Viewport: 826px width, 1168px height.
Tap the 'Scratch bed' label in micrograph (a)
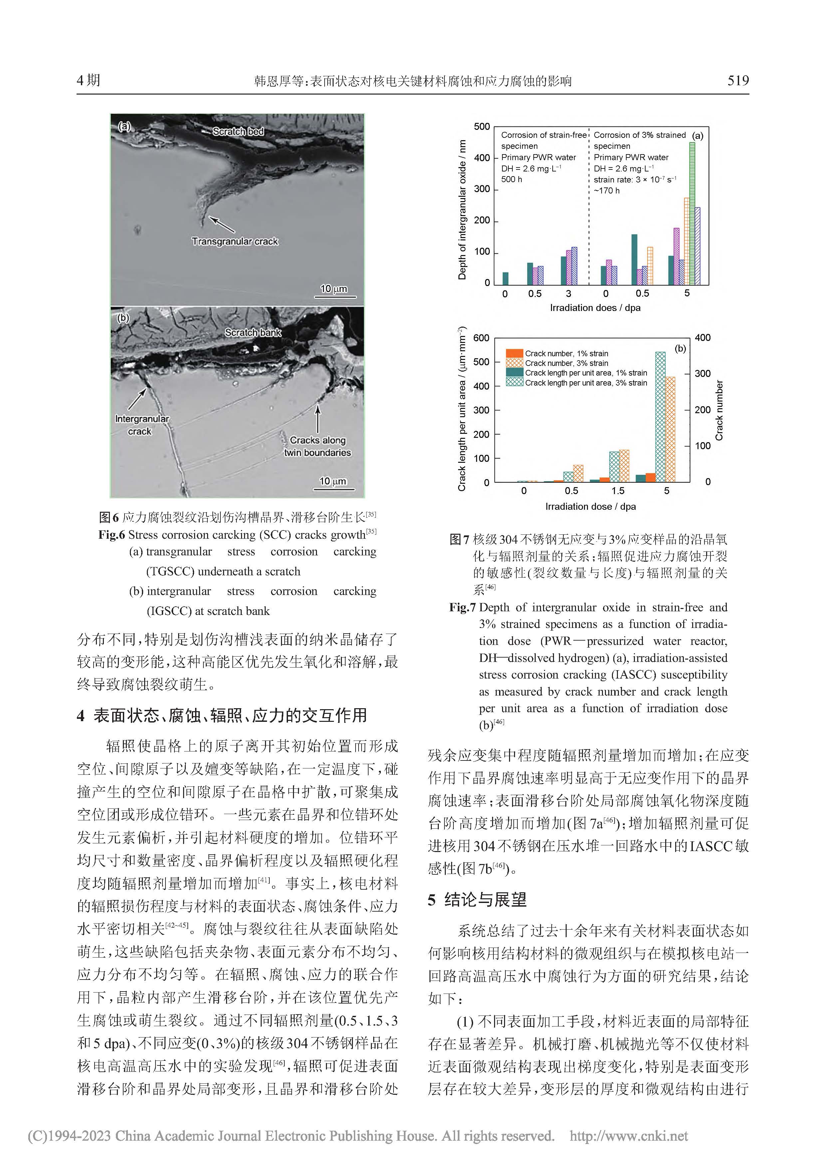point(238,131)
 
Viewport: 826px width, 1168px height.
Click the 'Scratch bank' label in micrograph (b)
point(253,332)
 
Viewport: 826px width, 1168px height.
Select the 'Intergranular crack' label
point(141,425)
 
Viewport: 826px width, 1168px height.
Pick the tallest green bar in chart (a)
point(692,213)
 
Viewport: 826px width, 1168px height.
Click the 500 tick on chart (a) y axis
point(482,127)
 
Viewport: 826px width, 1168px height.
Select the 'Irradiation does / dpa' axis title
point(595,308)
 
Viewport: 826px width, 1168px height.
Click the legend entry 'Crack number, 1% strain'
point(566,353)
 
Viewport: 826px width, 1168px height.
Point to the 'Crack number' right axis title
point(719,410)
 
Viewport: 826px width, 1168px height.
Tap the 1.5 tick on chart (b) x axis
point(618,491)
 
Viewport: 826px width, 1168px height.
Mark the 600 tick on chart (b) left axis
point(481,338)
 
